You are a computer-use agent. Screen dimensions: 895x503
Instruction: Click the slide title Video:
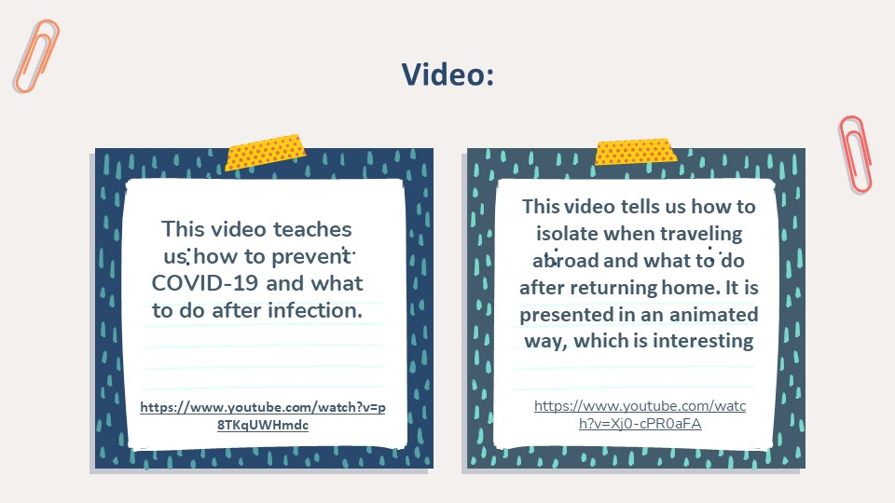pyautogui.click(x=448, y=75)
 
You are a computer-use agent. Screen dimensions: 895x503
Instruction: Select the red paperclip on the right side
pyautogui.click(x=856, y=155)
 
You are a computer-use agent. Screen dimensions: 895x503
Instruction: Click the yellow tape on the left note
pyautogui.click(x=266, y=152)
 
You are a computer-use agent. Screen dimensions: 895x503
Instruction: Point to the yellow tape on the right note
pyautogui.click(x=636, y=151)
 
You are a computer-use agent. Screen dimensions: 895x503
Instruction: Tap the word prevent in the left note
pyautogui.click(x=311, y=257)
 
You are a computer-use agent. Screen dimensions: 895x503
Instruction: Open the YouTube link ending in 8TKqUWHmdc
pyautogui.click(x=263, y=415)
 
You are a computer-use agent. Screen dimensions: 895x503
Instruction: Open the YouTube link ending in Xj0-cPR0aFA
pyautogui.click(x=640, y=415)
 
